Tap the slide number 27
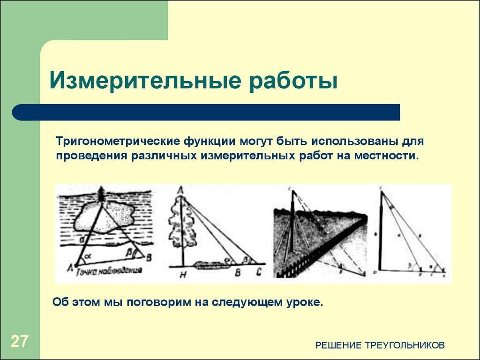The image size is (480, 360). click(19, 341)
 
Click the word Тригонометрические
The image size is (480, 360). click(119, 141)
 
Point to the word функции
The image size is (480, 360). click(210, 141)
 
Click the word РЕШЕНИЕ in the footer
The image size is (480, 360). click(336, 345)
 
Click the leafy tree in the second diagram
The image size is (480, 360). click(180, 225)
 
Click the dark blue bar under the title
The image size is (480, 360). click(206, 112)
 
